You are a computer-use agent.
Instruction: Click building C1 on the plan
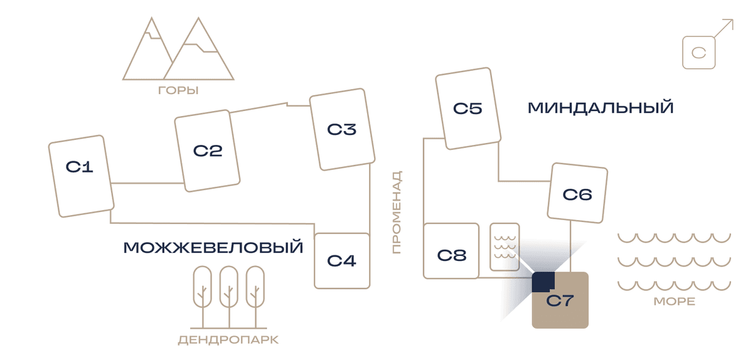click(82, 176)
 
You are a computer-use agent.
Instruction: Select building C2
click(207, 151)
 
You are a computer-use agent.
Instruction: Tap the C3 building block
click(342, 129)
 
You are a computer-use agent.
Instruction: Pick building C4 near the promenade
click(342, 261)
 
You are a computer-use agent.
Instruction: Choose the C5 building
click(468, 109)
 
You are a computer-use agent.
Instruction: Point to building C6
click(577, 193)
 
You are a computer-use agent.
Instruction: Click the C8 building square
click(451, 251)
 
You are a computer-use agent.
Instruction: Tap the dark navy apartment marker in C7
click(543, 282)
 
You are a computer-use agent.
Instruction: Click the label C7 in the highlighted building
click(560, 301)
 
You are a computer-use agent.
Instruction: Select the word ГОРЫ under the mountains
click(178, 90)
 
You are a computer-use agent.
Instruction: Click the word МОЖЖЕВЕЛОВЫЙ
click(213, 248)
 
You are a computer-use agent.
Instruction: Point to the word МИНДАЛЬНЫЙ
click(601, 108)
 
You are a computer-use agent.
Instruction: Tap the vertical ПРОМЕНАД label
click(397, 212)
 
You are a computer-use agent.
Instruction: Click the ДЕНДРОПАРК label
click(228, 340)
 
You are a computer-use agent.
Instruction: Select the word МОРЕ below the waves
click(675, 301)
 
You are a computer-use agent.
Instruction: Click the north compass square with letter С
click(699, 53)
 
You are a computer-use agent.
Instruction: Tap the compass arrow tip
click(733, 20)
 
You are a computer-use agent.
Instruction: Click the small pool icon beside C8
click(505, 247)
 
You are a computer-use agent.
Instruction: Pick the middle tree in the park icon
click(229, 297)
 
